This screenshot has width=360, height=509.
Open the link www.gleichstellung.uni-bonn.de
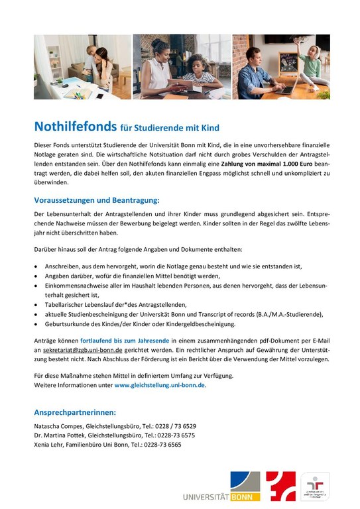click(160, 384)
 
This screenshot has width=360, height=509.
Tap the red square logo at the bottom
click(280, 486)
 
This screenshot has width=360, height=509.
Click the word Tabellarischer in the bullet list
click(66, 304)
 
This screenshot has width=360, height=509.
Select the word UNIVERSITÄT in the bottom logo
click(206, 495)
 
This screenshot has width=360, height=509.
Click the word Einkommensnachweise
click(78, 284)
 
